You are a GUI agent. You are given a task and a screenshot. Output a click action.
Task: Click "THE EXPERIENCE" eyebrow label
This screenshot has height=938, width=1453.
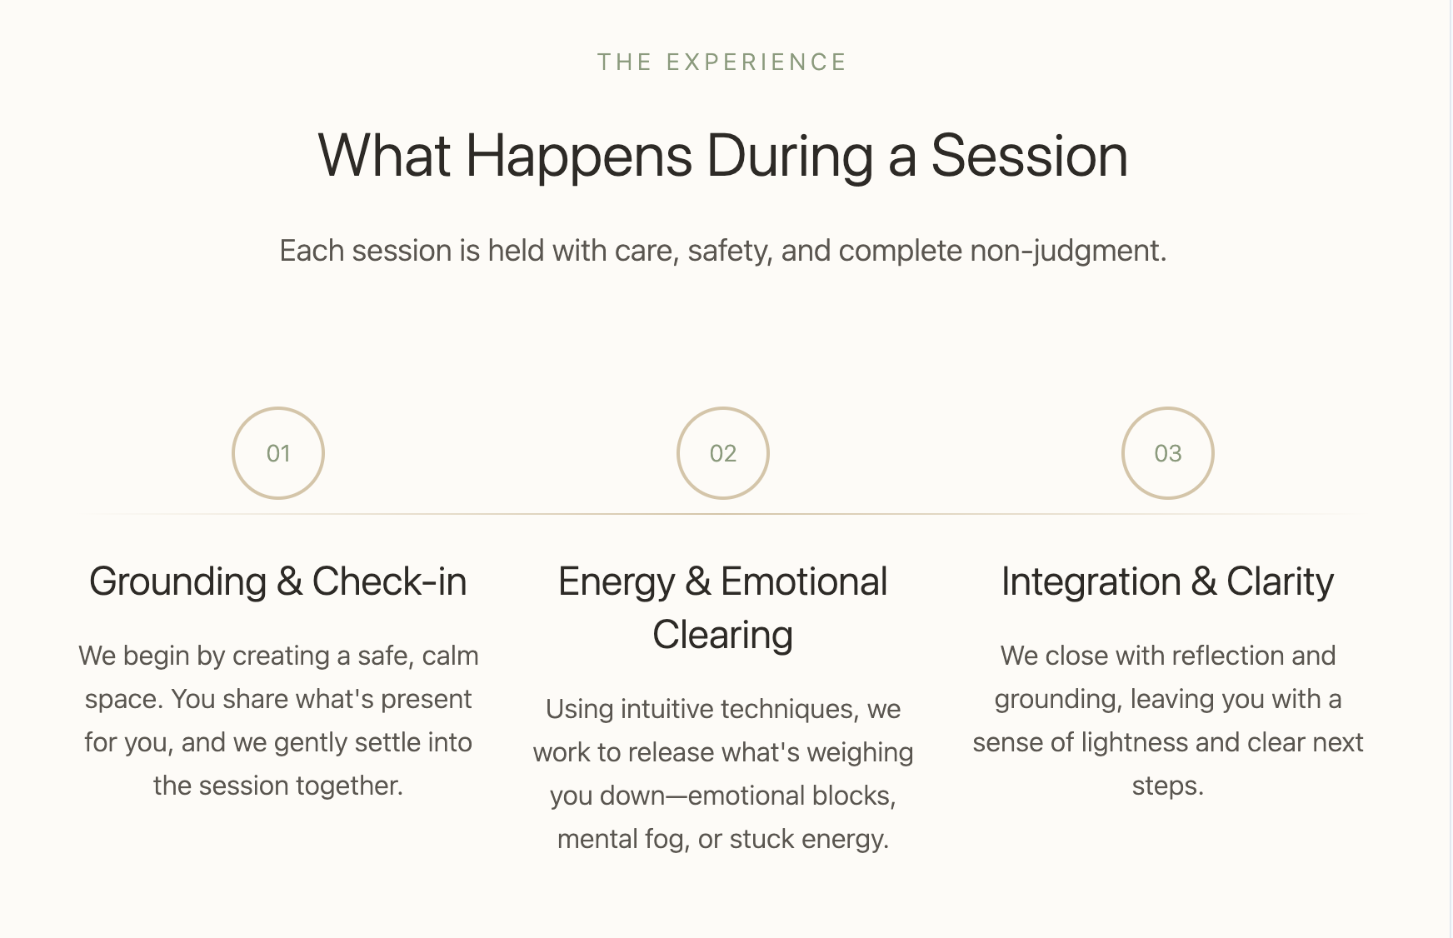click(722, 62)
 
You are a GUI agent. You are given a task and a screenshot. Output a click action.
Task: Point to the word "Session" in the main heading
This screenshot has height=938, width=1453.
click(1029, 156)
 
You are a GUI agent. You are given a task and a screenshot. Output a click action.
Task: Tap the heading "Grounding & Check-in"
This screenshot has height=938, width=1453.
click(278, 581)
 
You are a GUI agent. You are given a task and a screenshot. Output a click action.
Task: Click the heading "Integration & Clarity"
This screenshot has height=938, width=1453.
click(1168, 582)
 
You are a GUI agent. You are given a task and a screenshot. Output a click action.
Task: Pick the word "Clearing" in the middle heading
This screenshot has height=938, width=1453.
click(723, 636)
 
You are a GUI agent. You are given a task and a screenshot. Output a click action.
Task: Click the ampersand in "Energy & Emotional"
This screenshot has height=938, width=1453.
click(698, 581)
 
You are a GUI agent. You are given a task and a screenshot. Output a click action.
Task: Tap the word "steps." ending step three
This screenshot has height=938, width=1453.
click(1168, 786)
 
